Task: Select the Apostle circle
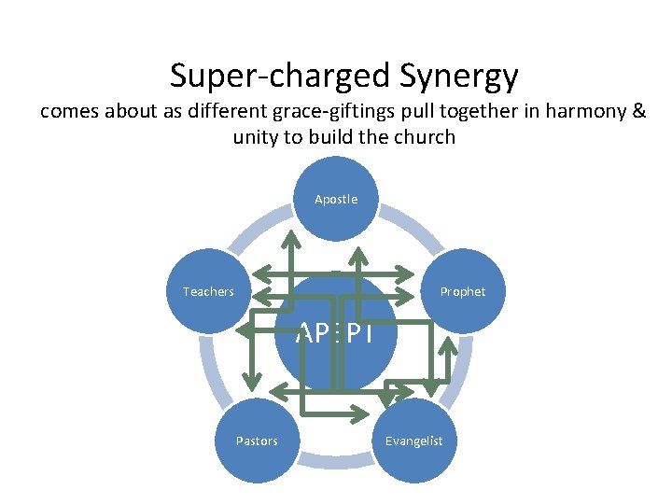coord(336,198)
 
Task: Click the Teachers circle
coord(208,291)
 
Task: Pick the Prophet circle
coord(463,291)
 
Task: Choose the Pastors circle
coord(256,441)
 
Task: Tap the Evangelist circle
coord(414,441)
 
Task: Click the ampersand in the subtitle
coord(638,112)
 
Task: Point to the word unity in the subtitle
coord(259,137)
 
